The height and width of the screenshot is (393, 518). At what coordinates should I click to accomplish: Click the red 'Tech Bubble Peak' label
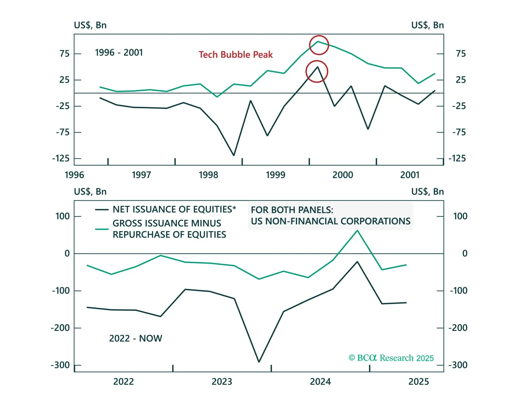pos(236,55)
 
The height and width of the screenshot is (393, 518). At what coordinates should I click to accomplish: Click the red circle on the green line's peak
pos(319,45)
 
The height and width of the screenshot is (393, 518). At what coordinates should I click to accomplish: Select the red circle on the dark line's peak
pos(317,71)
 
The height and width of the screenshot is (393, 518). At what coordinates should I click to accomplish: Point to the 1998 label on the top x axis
pos(209,175)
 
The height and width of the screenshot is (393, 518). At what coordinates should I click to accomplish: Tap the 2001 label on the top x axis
pos(410,175)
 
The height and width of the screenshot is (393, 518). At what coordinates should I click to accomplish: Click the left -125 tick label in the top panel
pos(61,159)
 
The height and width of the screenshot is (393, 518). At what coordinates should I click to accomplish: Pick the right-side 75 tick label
pos(461,54)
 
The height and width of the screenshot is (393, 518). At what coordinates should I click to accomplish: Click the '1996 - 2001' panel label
pos(119,53)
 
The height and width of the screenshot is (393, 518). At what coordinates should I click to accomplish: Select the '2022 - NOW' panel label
pos(136,338)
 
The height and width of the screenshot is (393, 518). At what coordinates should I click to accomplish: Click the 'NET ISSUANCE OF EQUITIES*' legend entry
pos(174,210)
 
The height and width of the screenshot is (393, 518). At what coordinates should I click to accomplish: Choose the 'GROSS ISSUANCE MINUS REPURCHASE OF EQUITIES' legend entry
pos(169,229)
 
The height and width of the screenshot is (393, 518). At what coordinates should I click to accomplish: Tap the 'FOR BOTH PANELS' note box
pos(330,215)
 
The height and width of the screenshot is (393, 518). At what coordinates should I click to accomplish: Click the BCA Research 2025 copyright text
pos(391,358)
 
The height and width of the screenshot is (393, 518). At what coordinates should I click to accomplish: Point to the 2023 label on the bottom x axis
pos(222,382)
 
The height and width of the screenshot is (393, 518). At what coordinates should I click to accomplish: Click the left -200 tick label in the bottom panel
pos(60,328)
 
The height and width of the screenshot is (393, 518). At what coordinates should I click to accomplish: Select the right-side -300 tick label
pos(458,365)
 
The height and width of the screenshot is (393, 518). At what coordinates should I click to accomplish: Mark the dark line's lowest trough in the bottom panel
pos(259,362)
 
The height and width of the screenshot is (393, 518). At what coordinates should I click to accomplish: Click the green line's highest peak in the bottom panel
pos(357,231)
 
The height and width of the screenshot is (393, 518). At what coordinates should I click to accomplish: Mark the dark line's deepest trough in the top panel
pos(234,155)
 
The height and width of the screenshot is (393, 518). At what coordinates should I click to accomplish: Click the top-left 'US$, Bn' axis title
pos(90,25)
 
